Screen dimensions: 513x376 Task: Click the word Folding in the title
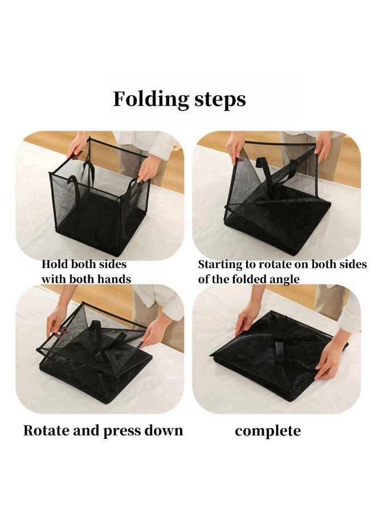[x=150, y=100]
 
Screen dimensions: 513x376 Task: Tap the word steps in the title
[x=219, y=100]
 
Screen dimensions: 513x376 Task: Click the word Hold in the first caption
[x=53, y=264]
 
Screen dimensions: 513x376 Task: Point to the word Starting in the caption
[x=218, y=265]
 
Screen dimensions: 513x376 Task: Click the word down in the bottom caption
[x=165, y=430]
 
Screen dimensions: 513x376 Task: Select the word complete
[x=267, y=431]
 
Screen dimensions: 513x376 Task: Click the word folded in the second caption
[x=239, y=279]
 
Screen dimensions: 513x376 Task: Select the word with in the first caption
[x=52, y=279]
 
